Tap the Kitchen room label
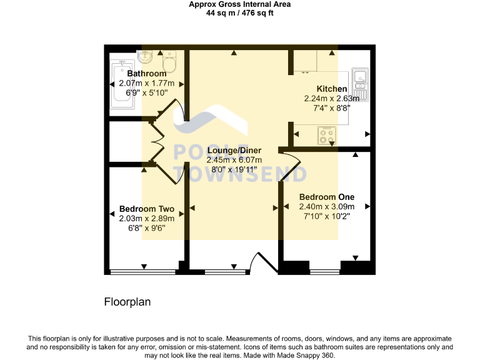[331, 89]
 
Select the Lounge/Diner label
[234, 151]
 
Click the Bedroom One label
[327, 196]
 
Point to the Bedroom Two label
[146, 209]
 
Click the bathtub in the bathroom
[122, 85]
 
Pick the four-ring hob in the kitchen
[327, 136]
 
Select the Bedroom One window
[325, 272]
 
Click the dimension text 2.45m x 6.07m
[234, 160]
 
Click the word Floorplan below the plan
[127, 302]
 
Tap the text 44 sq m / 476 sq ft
[240, 12]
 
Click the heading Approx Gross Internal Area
[240, 4]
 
